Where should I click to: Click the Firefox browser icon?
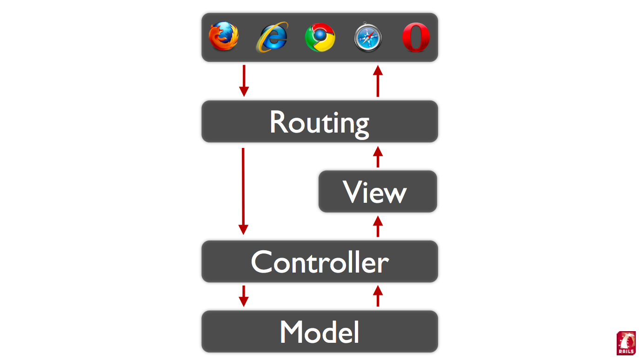224,36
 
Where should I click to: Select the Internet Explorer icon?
272,37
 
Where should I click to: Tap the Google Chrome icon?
320,38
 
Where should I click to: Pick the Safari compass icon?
368,37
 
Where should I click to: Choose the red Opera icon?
416,38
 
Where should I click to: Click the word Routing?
319,122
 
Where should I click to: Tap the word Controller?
319,262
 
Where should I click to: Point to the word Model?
319,332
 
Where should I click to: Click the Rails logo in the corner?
626,343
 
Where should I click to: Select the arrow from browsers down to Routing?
243,81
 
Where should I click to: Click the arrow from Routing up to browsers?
378,81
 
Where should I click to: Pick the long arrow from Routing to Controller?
243,191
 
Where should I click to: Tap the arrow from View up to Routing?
378,157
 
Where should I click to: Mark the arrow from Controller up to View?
378,226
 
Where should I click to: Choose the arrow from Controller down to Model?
243,296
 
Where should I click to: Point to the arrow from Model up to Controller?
378,296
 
